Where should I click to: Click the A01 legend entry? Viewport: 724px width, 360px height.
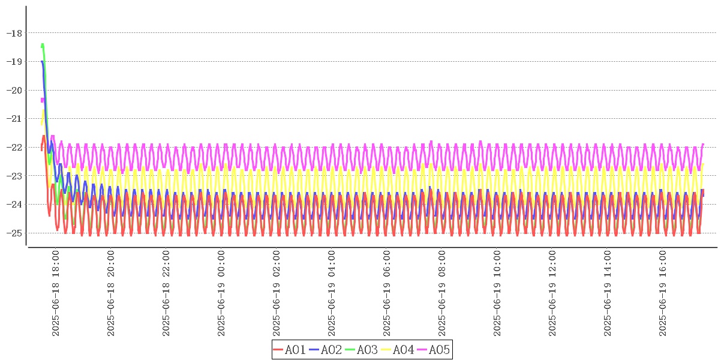point(290,349)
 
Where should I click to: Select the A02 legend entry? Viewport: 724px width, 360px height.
point(326,349)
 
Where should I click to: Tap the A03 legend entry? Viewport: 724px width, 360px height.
point(362,349)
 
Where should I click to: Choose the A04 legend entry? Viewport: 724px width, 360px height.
point(398,349)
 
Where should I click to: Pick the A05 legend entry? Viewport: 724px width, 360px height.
point(434,349)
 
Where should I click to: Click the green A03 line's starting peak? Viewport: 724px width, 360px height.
point(43,44)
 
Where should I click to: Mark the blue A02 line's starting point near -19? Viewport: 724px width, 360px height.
point(41,61)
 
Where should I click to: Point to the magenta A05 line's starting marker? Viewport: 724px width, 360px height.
point(42,100)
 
